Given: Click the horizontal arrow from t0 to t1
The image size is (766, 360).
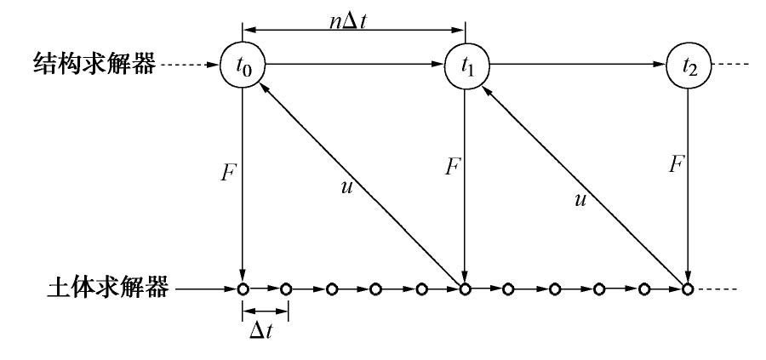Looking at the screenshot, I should click(353, 63).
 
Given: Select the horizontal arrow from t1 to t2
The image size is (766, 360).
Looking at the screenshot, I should click(575, 63).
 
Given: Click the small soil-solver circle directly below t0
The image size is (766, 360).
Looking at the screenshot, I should click(243, 289).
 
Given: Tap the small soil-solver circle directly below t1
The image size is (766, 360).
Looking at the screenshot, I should click(465, 289).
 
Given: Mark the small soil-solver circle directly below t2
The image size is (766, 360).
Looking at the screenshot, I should click(686, 289).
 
